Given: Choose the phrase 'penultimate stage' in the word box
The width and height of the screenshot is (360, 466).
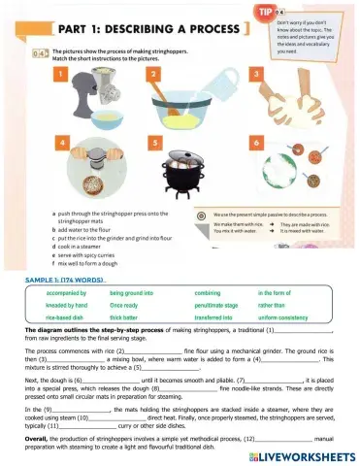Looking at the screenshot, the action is point(221,304).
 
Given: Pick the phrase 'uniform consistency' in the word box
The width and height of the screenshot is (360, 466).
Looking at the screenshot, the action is point(290,316).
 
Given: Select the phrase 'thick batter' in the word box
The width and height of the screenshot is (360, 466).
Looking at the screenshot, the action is point(131,316).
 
